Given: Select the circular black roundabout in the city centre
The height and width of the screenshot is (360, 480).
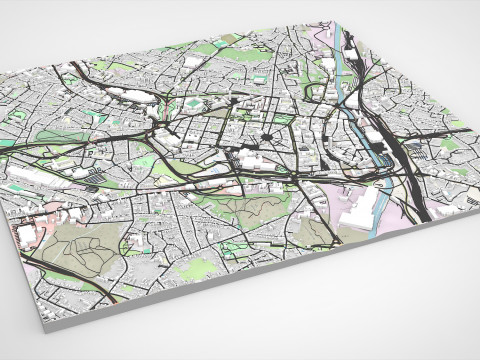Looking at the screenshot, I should (268, 137).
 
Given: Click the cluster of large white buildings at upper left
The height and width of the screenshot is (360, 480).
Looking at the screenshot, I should (130, 95).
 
